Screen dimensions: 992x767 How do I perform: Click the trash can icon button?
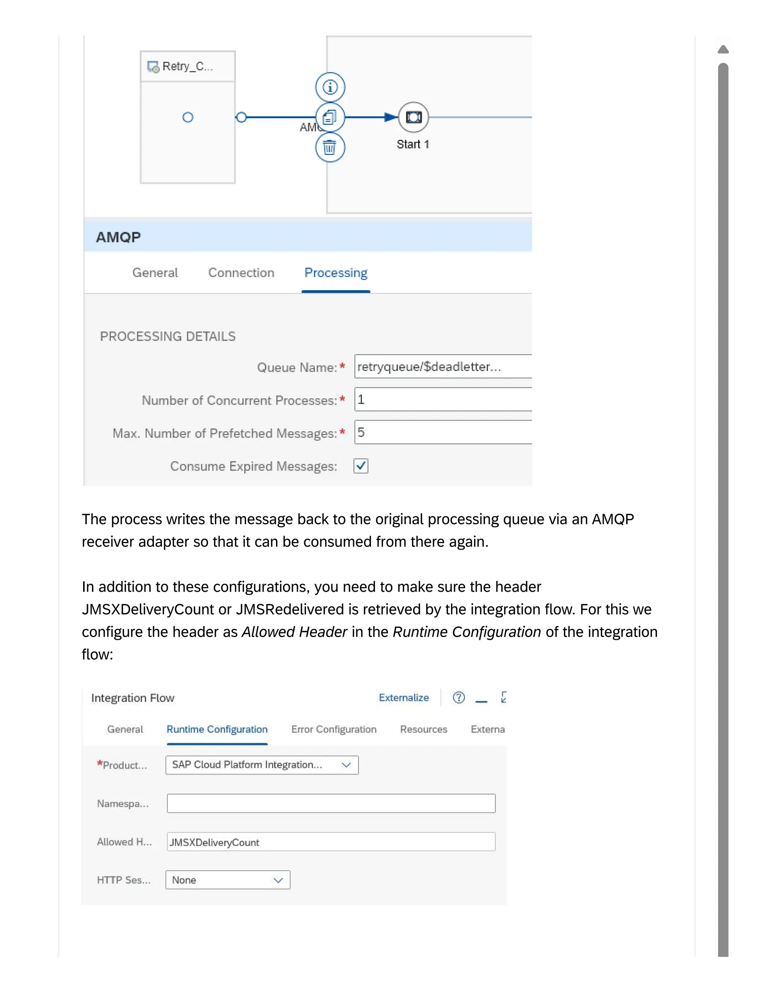pos(330,147)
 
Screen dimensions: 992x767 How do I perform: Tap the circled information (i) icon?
pos(330,87)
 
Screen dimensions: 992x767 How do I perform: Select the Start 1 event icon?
pos(413,117)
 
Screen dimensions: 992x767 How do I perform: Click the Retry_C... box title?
pos(187,66)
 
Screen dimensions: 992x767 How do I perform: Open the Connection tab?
pos(241,273)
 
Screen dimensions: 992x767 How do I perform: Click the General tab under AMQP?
pos(155,273)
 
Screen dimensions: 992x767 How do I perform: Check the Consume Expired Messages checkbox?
pos(361,466)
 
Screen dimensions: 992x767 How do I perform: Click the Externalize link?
pos(403,698)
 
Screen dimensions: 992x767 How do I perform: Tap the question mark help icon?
pos(458,697)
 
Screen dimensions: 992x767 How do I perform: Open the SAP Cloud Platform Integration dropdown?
pos(262,765)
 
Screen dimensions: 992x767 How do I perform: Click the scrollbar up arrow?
pos(723,49)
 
